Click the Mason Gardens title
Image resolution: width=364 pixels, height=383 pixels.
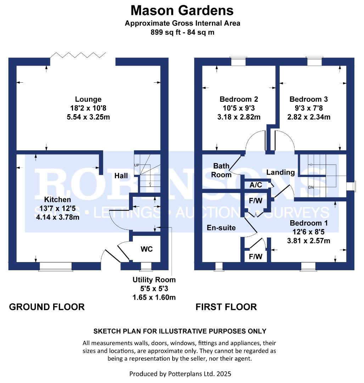pyautogui.click(x=182, y=10)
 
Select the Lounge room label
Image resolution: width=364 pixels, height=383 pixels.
pyautogui.click(x=88, y=99)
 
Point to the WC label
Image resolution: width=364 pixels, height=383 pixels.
pyautogui.click(x=146, y=249)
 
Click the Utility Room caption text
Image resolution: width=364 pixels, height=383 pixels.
pyautogui.click(x=154, y=280)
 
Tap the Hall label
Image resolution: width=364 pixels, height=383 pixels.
pyautogui.click(x=121, y=176)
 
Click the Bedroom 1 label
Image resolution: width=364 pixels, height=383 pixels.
pyautogui.click(x=309, y=223)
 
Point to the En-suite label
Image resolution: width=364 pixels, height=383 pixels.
pyautogui.click(x=221, y=228)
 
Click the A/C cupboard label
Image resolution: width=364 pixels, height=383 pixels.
pyautogui.click(x=256, y=185)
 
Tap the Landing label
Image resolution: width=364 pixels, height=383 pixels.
pyautogui.click(x=280, y=172)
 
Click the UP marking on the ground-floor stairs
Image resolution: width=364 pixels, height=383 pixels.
pyautogui.click(x=136, y=165)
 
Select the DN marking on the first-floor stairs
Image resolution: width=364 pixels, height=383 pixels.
pyautogui.click(x=311, y=187)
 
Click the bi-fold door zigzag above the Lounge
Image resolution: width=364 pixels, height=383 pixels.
pyautogui.click(x=78, y=55)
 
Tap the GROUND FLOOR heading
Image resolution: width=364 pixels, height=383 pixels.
pyautogui.click(x=47, y=307)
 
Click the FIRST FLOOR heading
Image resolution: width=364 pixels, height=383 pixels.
pyautogui.click(x=226, y=307)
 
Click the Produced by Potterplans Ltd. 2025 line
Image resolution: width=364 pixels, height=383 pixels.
pyautogui.click(x=180, y=374)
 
